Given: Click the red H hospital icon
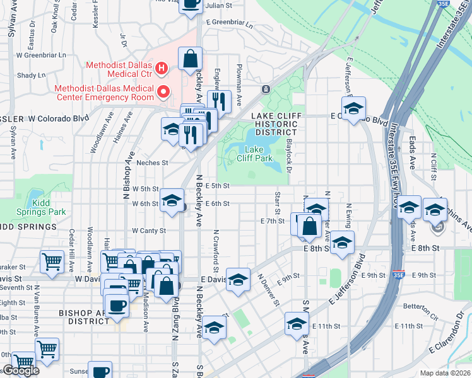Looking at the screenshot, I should point(162,67).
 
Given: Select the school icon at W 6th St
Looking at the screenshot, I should point(171,200).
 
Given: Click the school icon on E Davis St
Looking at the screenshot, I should point(237,280).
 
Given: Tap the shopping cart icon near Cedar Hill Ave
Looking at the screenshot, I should point(52,261).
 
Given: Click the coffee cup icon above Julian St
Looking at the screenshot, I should point(191,4).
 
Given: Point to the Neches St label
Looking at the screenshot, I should point(152,163).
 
